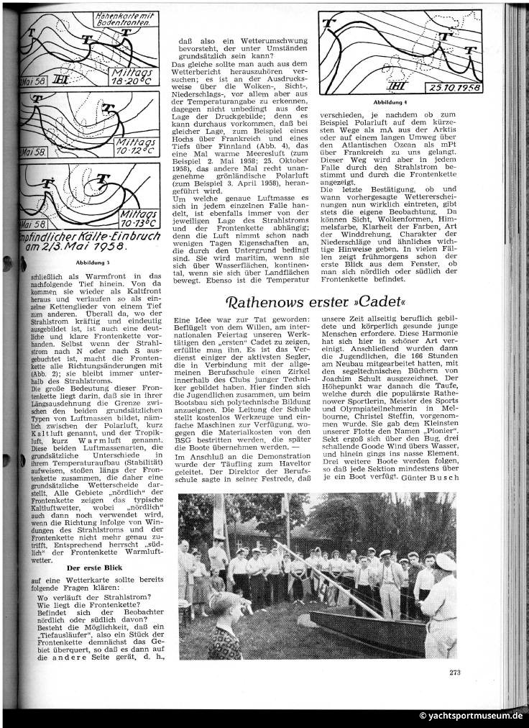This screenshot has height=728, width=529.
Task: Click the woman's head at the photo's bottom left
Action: tap(223, 609)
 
